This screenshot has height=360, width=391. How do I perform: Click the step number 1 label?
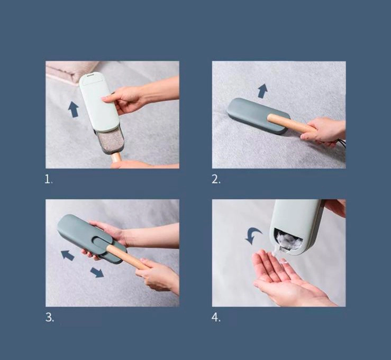(48, 179)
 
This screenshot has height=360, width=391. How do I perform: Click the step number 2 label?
(216, 179)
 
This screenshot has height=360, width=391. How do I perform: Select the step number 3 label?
(49, 317)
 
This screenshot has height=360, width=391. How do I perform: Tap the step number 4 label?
(216, 317)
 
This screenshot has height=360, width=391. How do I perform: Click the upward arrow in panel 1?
(74, 109)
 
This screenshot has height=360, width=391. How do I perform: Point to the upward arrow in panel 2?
(262, 91)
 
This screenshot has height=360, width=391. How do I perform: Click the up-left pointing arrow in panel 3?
(68, 255)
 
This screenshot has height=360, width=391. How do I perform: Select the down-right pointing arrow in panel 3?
(97, 272)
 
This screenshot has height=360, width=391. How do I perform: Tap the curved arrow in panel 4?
(253, 236)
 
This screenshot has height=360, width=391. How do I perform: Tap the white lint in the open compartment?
(288, 238)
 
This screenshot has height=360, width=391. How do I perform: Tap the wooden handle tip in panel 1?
(116, 158)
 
